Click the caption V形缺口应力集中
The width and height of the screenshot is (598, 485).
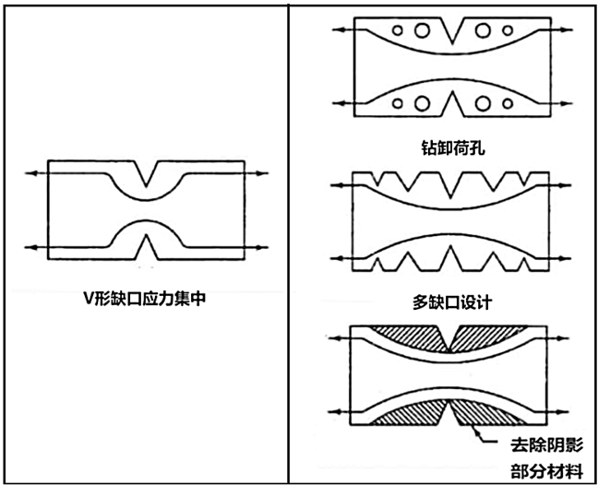tap(145, 299)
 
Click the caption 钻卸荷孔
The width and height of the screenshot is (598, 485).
tap(453, 148)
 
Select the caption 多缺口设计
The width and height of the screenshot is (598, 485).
tap(452, 302)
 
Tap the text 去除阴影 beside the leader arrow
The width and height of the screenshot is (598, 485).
tap(547, 444)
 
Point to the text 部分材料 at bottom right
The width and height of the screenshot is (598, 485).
tap(547, 472)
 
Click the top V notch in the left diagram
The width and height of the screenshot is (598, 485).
tap(146, 173)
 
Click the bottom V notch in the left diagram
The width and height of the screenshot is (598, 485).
tap(147, 247)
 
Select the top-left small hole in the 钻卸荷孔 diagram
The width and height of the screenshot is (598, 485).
tap(398, 30)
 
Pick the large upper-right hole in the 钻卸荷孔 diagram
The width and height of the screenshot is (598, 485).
tap(483, 30)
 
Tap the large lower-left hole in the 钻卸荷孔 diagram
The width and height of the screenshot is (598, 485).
tap(422, 103)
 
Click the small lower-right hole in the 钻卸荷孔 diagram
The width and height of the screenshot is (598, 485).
tap(508, 103)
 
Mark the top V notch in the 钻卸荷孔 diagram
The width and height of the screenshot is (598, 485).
tap(452, 30)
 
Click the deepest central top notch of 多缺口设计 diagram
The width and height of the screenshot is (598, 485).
tap(451, 185)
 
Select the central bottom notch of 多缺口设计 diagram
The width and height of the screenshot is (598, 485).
tap(451, 258)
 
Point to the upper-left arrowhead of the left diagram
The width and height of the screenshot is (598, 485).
tap(30, 173)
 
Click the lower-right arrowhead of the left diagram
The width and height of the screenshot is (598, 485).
tap(262, 247)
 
